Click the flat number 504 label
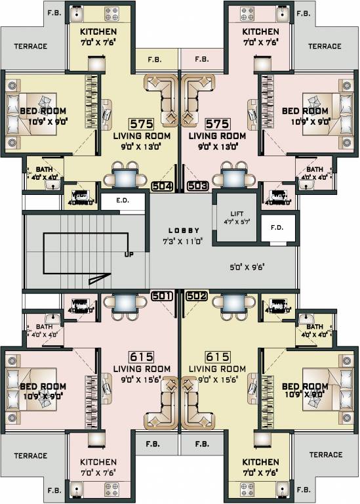click(162, 186)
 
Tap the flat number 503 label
click(198, 186)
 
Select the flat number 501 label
click(162, 296)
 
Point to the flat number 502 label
click(198, 296)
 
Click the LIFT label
click(236, 215)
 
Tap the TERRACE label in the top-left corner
click(31, 47)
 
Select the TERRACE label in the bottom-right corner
click(326, 455)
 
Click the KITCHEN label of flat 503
click(260, 32)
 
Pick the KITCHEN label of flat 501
click(98, 462)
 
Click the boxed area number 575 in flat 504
click(141, 124)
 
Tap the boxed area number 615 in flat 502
click(217, 357)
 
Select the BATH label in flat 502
click(314, 327)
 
